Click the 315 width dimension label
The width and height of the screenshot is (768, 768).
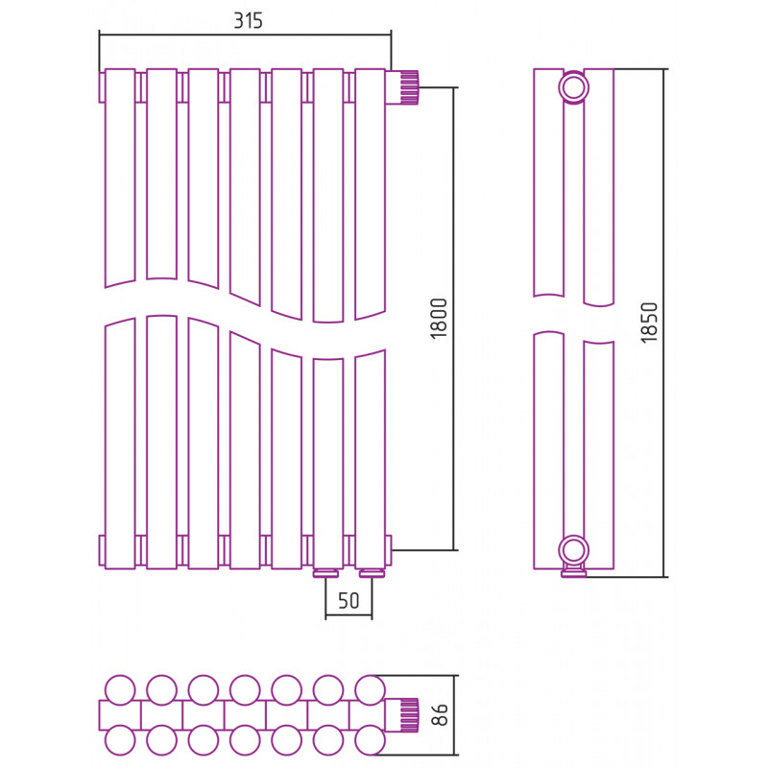point(248,20)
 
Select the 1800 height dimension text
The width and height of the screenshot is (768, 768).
point(439,319)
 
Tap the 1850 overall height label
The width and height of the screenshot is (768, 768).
point(649,323)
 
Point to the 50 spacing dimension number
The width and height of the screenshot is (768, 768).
point(348,601)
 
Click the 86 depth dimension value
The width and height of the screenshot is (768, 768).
point(441,714)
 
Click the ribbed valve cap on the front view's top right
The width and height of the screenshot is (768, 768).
point(409,87)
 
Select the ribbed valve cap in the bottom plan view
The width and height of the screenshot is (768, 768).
point(409,715)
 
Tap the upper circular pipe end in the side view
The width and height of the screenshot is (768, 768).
point(573,87)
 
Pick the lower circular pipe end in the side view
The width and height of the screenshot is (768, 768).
point(573,550)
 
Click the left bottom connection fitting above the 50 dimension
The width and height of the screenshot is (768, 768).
point(326,573)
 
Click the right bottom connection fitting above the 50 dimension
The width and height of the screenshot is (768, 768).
point(372,573)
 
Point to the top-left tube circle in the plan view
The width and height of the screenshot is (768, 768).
point(120,690)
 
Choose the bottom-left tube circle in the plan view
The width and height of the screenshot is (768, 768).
point(120,740)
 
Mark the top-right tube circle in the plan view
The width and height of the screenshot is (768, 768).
point(370,690)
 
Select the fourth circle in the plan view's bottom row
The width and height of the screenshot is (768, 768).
point(245,740)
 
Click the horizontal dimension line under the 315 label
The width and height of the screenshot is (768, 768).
point(246,35)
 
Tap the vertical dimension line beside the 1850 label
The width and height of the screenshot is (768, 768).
point(664,324)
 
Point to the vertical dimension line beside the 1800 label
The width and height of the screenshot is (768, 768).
point(454,319)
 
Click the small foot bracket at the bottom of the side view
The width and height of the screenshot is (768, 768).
point(573,571)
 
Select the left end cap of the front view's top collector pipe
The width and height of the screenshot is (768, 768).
point(102,87)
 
